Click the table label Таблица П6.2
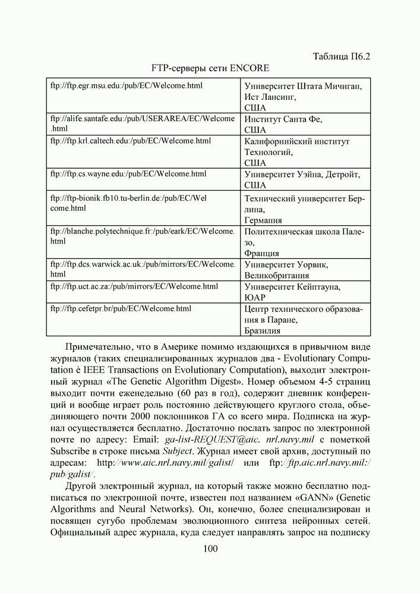point(342,56)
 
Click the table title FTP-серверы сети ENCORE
point(210,68)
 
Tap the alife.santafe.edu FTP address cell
point(143,124)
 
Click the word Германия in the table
point(263,220)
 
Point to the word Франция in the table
point(261,253)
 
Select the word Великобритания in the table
point(276,276)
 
